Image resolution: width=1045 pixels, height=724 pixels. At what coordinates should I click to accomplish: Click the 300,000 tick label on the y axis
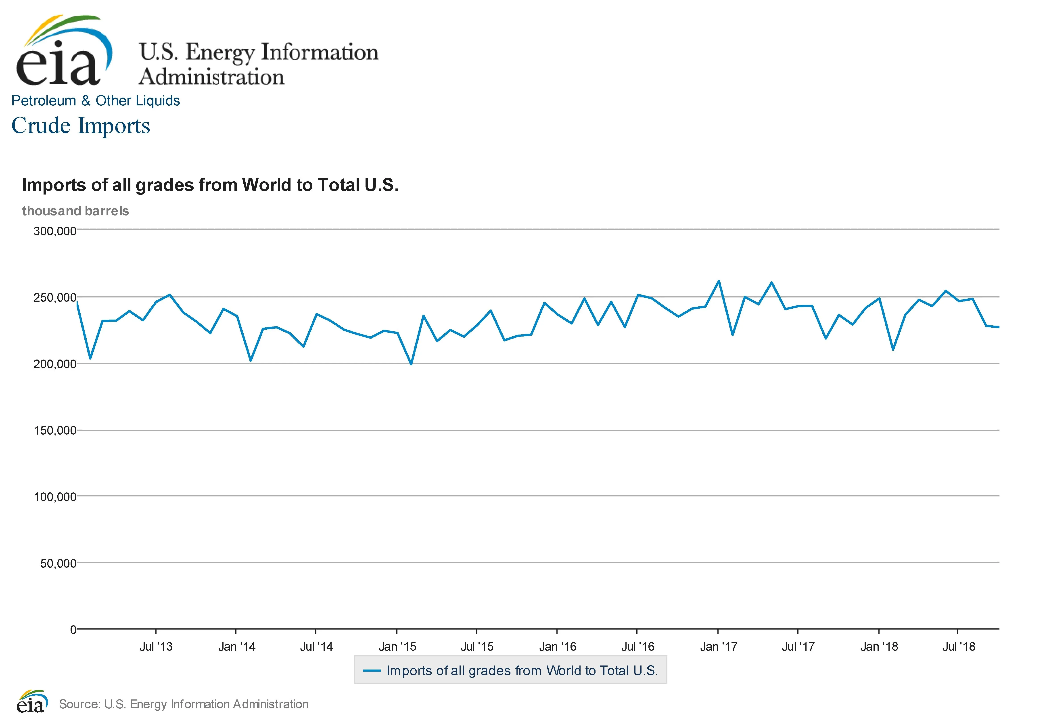54,231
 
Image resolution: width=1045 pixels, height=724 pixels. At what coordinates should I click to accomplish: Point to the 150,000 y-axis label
54,431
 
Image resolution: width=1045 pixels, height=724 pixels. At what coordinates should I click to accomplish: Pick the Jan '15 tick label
397,647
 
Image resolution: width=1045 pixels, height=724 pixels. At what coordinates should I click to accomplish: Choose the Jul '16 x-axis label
638,647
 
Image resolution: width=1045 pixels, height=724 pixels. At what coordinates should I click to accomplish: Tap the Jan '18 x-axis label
879,647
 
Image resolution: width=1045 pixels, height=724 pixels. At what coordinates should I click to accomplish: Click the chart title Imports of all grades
210,185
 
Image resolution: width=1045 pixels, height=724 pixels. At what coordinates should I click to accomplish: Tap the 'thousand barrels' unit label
75,211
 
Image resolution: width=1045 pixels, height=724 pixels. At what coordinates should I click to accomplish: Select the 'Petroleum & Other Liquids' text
95,101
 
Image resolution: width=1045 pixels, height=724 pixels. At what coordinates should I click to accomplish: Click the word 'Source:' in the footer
79,704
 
